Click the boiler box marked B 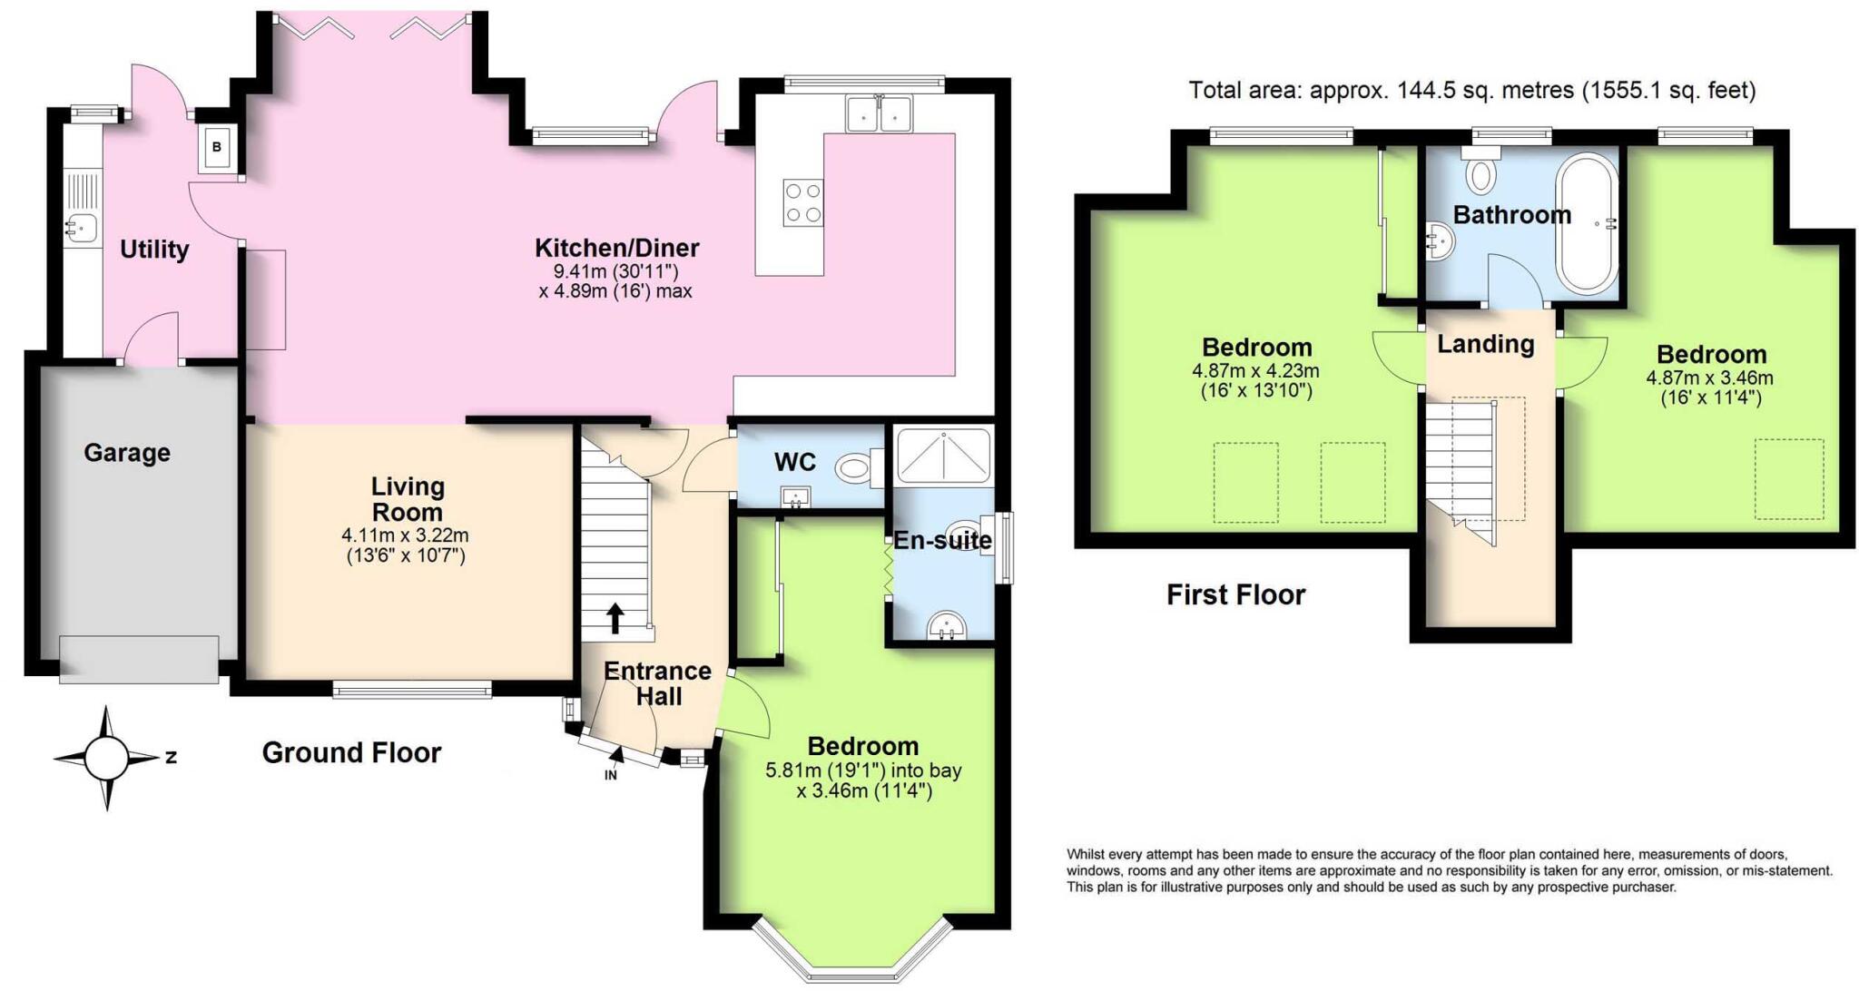(218, 147)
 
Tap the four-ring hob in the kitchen (803, 202)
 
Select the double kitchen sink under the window (879, 115)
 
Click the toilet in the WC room (857, 468)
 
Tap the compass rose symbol (108, 758)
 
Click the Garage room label (127, 452)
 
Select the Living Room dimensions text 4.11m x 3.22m (406, 535)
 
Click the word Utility (154, 249)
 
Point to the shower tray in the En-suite (943, 455)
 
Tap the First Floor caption (1235, 594)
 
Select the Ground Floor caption (351, 752)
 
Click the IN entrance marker (611, 775)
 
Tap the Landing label (1486, 344)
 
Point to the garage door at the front (139, 659)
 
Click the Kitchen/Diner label (616, 248)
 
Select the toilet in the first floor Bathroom (1480, 173)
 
